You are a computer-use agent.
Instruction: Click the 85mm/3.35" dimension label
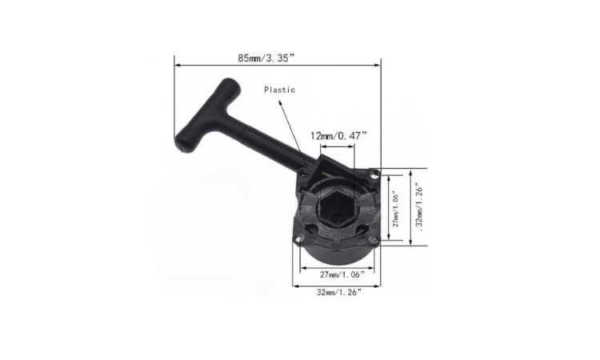click(x=266, y=58)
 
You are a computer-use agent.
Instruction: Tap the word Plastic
click(x=279, y=90)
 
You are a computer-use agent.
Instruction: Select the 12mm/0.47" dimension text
click(x=338, y=136)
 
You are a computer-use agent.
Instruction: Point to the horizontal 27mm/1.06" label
click(x=342, y=274)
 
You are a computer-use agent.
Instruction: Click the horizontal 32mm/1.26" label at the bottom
click(x=338, y=292)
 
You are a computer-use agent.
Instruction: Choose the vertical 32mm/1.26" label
click(x=419, y=207)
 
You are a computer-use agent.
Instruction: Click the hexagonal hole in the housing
click(x=335, y=208)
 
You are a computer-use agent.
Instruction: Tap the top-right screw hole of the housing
click(x=374, y=174)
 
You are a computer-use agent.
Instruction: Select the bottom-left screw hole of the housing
click(x=298, y=239)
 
